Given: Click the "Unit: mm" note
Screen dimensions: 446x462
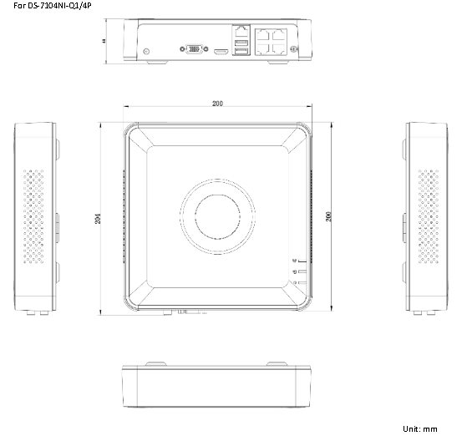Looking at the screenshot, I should coord(419,428).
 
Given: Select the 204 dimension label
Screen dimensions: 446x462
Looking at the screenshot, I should coord(99,218).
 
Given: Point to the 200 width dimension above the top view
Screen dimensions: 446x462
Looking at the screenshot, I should coord(217,104).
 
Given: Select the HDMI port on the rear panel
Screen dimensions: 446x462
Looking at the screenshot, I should coord(221,52).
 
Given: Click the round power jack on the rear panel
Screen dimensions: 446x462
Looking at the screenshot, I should coord(148,52).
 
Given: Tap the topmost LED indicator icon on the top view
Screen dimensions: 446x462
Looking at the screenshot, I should coord(294,261).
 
